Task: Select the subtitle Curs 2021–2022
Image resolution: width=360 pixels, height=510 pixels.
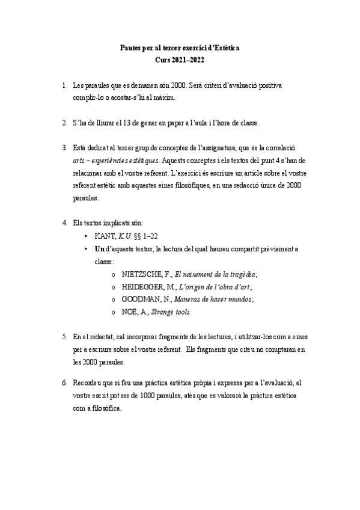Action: (179, 60)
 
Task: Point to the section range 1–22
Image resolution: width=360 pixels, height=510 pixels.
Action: (154, 236)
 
